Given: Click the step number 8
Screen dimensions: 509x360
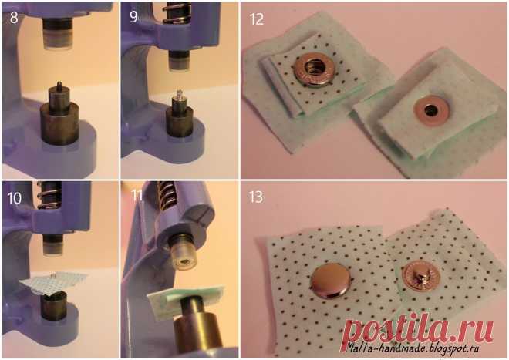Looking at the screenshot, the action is tap(14, 18).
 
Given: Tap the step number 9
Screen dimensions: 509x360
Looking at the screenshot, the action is tap(133, 17).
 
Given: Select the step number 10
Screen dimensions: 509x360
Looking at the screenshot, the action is tap(14, 198).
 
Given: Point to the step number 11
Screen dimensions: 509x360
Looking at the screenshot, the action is tap(137, 196).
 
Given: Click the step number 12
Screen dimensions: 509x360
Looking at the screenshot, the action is tap(257, 19).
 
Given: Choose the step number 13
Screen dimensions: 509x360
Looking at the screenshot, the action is tap(256, 197).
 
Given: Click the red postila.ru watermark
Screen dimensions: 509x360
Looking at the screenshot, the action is tap(418, 331).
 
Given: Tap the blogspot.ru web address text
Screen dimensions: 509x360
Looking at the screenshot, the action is tap(413, 348).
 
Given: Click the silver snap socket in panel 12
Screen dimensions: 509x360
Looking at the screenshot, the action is tap(314, 69).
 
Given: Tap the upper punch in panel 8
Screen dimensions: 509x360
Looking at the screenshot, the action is tap(57, 33).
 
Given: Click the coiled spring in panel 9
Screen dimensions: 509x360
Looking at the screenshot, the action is tap(176, 12).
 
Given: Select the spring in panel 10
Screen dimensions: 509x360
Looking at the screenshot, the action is tap(48, 195).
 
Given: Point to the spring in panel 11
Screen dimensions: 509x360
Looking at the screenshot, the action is tap(168, 194).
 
